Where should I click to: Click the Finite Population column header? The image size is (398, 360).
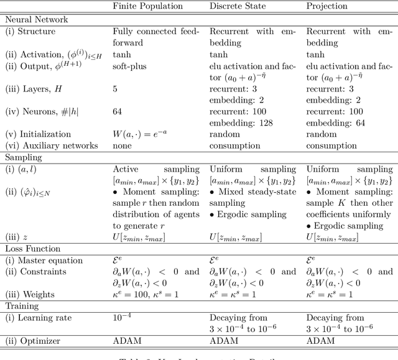point(147,7)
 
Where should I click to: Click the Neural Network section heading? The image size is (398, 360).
point(37,19)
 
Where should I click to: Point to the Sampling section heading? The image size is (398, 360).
point(23,158)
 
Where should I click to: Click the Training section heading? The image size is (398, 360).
point(22,306)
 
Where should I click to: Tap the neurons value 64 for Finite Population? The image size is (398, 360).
point(119,113)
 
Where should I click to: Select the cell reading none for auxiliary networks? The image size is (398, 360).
point(124,146)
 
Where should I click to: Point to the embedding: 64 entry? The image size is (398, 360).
point(335,123)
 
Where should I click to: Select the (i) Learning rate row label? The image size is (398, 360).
point(39,318)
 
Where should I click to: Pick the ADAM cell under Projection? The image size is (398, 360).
point(320,340)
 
